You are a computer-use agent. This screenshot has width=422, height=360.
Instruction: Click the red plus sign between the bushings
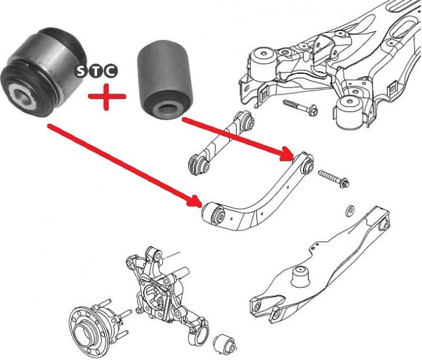[x=106, y=98]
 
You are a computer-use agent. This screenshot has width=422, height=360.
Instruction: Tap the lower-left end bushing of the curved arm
[x=217, y=213]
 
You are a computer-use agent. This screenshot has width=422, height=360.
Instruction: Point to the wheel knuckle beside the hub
[x=159, y=285]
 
